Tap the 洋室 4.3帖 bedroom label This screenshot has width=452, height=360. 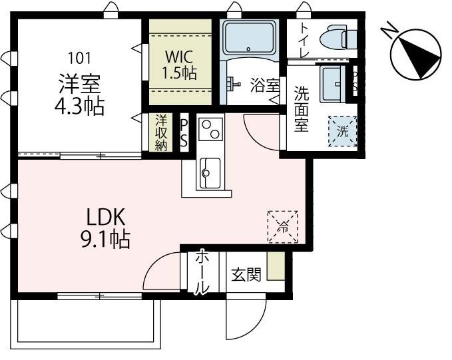coord(80,95)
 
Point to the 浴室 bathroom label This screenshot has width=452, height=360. coord(264,85)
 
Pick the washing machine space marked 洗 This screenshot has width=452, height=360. coord(342,131)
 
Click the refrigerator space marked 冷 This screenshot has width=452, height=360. coord(282,226)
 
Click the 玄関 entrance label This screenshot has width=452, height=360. coord(246,275)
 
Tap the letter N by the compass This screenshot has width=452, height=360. coord(389,31)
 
